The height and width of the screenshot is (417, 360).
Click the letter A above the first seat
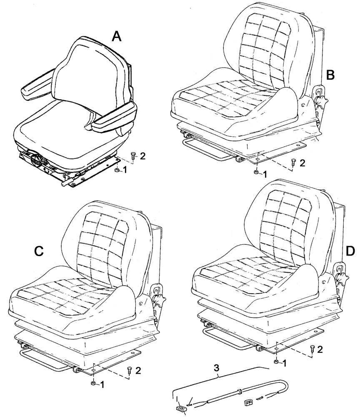click(x=117, y=37)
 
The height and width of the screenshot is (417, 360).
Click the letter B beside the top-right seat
click(x=330, y=75)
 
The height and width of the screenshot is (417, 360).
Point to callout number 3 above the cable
click(x=216, y=368)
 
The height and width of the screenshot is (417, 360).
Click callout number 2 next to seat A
click(x=142, y=156)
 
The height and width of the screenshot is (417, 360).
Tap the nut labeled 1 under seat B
click(x=255, y=172)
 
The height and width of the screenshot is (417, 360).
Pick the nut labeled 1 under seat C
click(x=93, y=382)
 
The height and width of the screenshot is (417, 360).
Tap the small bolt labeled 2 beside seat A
click(x=133, y=157)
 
